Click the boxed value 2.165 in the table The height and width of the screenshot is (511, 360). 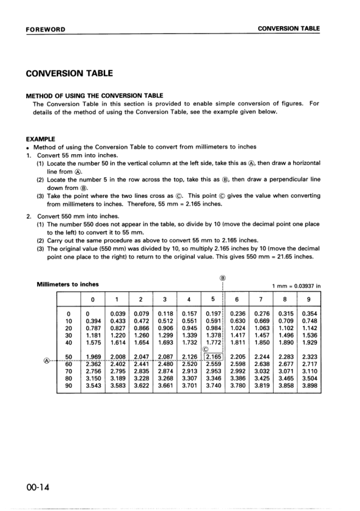coord(213,356)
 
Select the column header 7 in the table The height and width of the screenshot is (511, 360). coord(260,299)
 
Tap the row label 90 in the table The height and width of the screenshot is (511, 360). coord(69,385)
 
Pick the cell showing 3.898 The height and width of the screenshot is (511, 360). coord(308,385)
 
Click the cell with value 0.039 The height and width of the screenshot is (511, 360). coord(117,314)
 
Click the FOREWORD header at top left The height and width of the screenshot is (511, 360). coord(46,29)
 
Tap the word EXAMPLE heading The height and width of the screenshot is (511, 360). coord(41,139)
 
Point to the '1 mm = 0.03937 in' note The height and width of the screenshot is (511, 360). coord(296,286)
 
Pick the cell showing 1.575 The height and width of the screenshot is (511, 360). coord(93,343)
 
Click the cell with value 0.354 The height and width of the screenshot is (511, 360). coord(308,314)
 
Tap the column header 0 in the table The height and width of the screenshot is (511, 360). coord(93,299)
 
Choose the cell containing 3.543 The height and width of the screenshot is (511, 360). coord(93,385)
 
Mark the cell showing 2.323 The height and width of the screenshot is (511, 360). coord(308,356)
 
